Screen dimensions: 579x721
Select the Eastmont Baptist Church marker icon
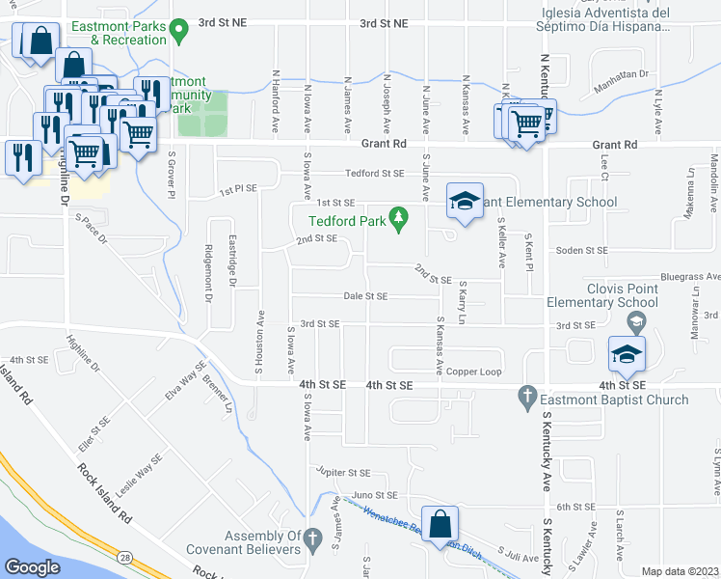point(526,397)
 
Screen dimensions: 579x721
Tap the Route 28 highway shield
point(128,555)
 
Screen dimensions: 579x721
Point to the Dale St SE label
point(366,296)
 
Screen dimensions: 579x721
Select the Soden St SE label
point(582,250)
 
